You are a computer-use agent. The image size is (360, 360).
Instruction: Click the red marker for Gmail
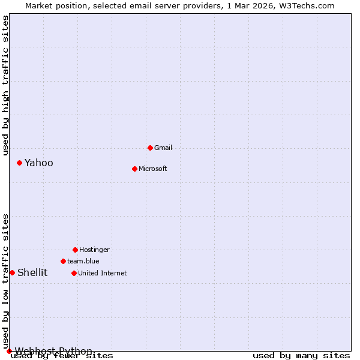[x=150, y=148]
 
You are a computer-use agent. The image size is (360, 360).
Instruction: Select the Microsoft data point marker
[x=134, y=169]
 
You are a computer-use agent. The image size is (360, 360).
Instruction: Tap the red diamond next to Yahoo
[x=19, y=163]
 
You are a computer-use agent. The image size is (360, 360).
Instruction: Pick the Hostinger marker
[x=75, y=250]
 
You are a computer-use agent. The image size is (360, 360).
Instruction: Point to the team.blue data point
[x=63, y=261]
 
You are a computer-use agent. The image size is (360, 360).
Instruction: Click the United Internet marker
[x=74, y=273]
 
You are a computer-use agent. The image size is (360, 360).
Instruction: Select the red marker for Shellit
[x=12, y=272]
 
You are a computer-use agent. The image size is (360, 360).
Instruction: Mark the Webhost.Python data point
[x=9, y=351]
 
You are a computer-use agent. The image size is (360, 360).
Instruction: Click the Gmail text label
[x=163, y=148]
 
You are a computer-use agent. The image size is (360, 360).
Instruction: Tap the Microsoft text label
[x=153, y=169]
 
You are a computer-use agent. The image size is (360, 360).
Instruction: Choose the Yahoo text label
[x=39, y=163]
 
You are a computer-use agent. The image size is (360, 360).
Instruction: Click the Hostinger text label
[x=94, y=250]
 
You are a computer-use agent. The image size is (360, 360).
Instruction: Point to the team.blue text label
[x=83, y=261]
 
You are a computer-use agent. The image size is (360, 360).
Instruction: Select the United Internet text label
[x=103, y=273]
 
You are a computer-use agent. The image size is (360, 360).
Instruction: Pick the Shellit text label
[x=32, y=272]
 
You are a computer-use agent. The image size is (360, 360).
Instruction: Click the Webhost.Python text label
[x=53, y=351]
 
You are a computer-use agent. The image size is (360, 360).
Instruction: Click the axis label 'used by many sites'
[x=301, y=356]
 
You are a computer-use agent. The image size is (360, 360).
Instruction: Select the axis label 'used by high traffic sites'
[x=5, y=85]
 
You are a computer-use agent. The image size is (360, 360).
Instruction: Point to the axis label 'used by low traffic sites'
[x=5, y=281]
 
